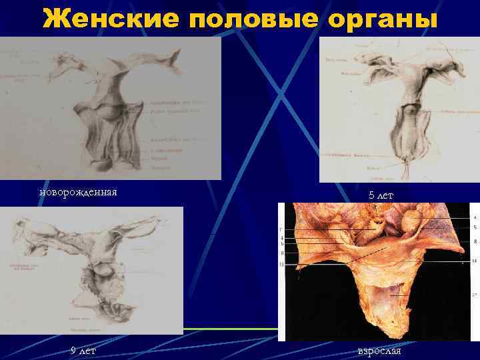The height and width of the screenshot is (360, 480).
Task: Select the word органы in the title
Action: tap(383, 19)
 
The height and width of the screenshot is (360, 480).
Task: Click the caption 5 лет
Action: tap(381, 195)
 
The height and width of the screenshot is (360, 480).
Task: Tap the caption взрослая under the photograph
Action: tap(379, 351)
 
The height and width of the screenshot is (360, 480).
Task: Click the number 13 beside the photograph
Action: tap(283, 265)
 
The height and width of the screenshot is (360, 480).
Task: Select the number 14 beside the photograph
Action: tap(474, 261)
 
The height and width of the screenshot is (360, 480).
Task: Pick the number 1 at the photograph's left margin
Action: tap(283, 230)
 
